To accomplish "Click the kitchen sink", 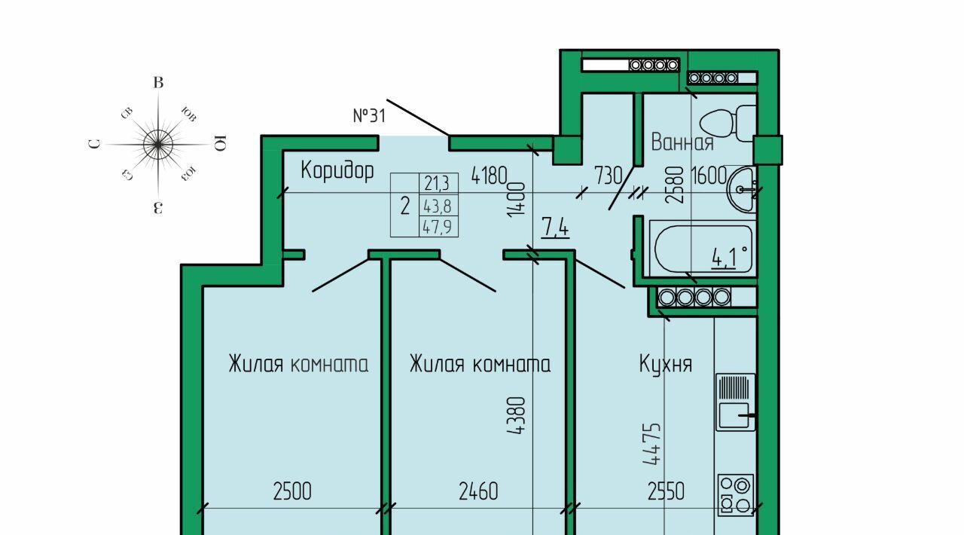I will click(x=735, y=402).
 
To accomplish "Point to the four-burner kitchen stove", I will click(x=736, y=494).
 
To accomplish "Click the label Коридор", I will click(x=337, y=170).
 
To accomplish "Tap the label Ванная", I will click(x=682, y=142).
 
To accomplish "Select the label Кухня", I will click(x=665, y=365).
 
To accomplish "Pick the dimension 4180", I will click(x=489, y=176).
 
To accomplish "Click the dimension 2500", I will click(x=291, y=492).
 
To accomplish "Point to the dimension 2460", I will click(x=478, y=492).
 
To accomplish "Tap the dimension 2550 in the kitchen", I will click(x=666, y=492).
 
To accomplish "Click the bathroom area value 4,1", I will click(x=728, y=258).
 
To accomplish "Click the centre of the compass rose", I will click(x=158, y=144).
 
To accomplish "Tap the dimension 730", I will click(x=608, y=176).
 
